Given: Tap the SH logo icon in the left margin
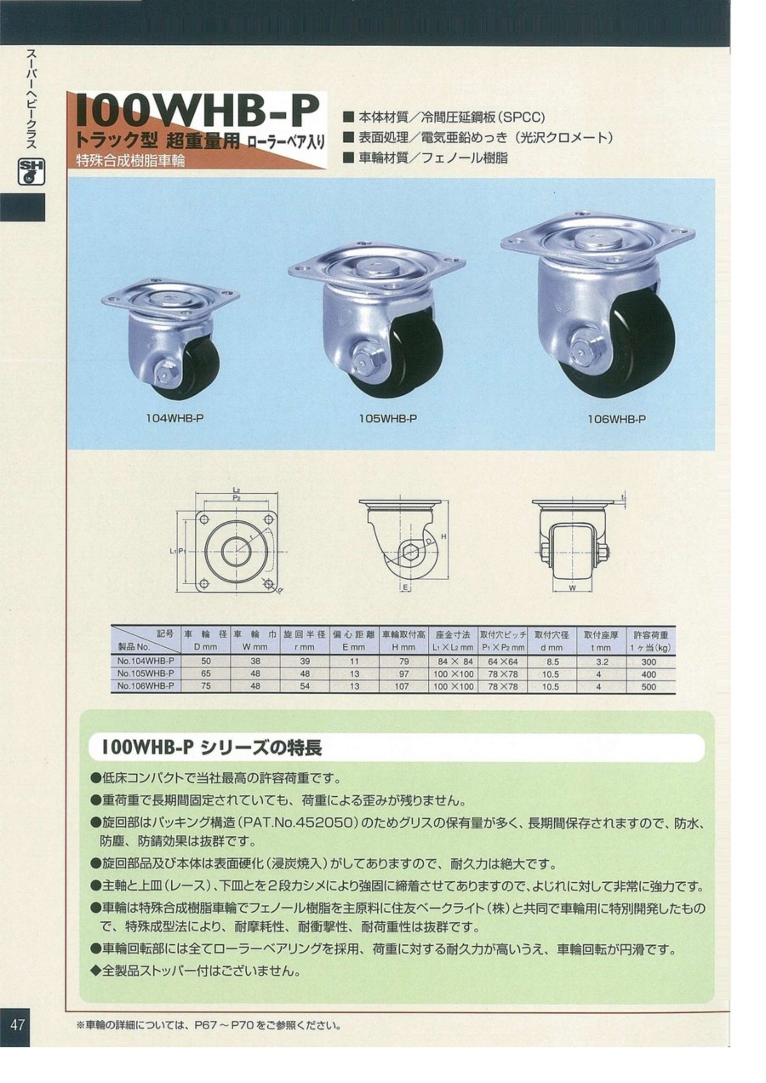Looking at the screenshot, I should tap(31, 172).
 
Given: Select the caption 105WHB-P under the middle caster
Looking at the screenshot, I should tap(387, 418).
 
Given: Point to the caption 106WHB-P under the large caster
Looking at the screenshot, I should tap(617, 419).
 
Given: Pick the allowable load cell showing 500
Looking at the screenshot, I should tap(649, 685).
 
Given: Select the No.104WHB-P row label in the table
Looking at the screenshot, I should tap(145, 660).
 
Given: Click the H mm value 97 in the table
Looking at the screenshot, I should tap(403, 673).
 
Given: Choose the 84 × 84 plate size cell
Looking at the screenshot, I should tap(454, 660).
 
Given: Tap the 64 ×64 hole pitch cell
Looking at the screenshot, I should tap(503, 660).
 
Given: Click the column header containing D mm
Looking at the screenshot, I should tap(205, 640).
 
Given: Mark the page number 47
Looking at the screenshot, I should tap(17, 1024).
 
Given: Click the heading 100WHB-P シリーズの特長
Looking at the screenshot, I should tap(211, 748).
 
